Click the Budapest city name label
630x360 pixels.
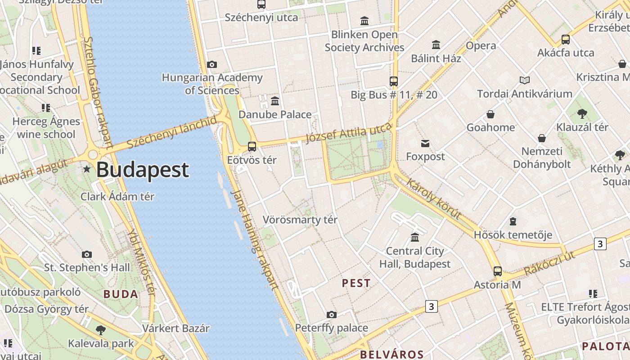point(143,170)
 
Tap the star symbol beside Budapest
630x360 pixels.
point(87,170)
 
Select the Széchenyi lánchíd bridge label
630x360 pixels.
point(171,133)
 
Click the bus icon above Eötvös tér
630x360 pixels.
point(252,147)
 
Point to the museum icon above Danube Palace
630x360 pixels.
point(275,101)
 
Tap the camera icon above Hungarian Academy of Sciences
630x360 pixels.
point(212,65)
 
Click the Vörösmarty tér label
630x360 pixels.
point(300,220)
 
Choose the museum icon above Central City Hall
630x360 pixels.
point(415,237)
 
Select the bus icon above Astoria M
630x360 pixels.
point(497,271)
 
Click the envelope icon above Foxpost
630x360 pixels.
point(425,144)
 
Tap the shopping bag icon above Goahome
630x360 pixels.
point(490,114)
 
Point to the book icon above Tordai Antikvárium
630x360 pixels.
point(525,81)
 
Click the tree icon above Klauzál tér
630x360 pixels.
point(582,113)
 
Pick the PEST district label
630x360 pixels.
point(356,283)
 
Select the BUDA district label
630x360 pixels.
point(121,294)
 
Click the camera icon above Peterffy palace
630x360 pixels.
point(332,315)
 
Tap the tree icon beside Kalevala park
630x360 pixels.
point(101,330)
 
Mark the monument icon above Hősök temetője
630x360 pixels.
point(513,221)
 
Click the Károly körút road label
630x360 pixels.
point(434,198)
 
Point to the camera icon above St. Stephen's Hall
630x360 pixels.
point(87,254)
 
